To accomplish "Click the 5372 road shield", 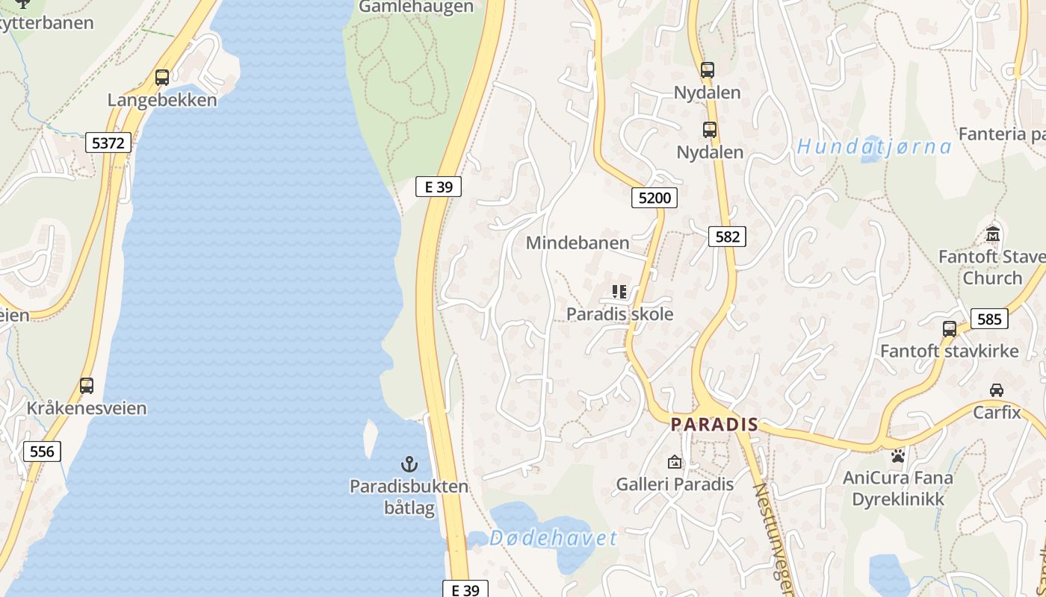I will click(x=108, y=143).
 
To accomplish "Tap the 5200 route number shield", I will click(x=654, y=198).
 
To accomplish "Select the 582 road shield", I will click(x=727, y=237).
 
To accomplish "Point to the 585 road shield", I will click(x=988, y=319).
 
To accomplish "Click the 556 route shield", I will click(x=42, y=451).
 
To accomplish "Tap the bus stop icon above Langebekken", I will click(x=162, y=77).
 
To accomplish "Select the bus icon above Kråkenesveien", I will click(x=87, y=386).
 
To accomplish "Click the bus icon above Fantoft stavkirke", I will click(x=949, y=328).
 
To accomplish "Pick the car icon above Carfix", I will click(x=997, y=390).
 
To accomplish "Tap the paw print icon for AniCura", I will click(x=897, y=455).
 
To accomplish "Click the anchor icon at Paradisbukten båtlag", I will click(x=409, y=463).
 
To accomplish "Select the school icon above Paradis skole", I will click(x=619, y=291).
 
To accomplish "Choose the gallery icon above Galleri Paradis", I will click(x=675, y=462).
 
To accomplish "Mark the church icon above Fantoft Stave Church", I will click(x=993, y=234).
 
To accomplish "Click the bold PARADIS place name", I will click(x=714, y=425).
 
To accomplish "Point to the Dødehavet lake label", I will click(x=553, y=538).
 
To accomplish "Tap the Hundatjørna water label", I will click(x=874, y=146).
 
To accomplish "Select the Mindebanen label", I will click(x=578, y=243).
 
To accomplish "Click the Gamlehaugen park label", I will click(x=416, y=7).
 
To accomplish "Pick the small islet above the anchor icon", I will click(x=370, y=438).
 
